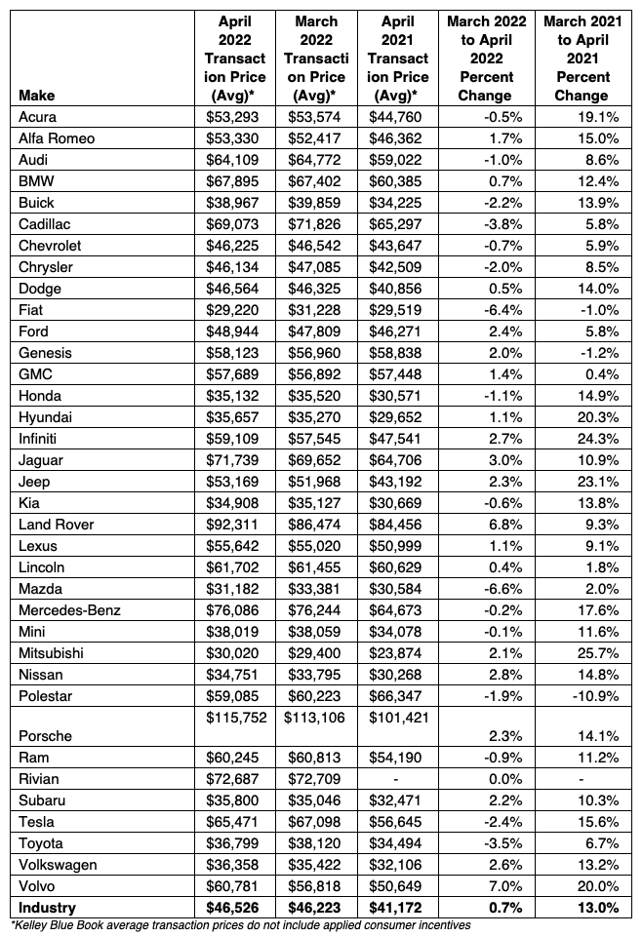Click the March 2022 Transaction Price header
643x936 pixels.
tap(315, 58)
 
